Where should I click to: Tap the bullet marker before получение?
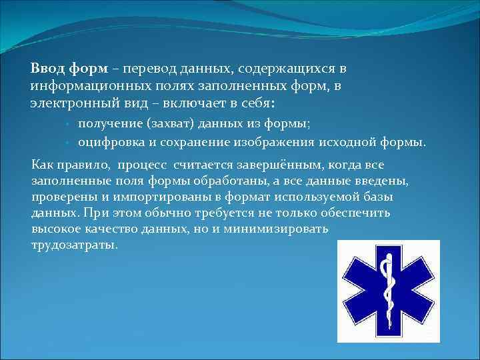click(69, 124)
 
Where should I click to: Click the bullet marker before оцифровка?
click(69, 143)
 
